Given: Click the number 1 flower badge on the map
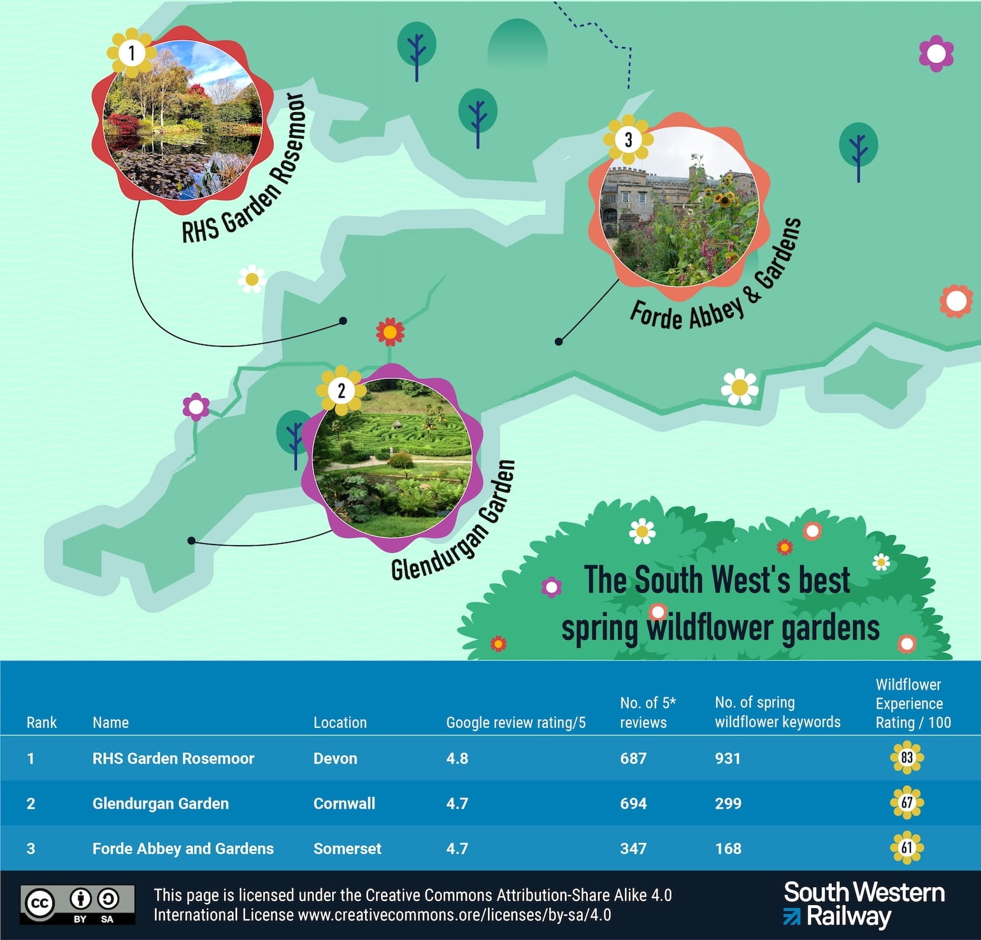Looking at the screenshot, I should point(132,53).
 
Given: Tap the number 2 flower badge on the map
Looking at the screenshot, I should point(341,390).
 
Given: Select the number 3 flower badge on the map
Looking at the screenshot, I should point(628,139).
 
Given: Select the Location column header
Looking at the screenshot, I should point(340,722).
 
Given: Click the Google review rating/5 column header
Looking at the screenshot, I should point(515,722).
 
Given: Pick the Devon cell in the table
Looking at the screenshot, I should point(335,758).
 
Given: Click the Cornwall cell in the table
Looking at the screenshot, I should point(344,803).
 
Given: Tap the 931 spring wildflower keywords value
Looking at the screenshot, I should point(727,758).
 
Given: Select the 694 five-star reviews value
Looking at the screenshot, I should point(633,803).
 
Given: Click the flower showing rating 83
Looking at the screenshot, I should point(906,758).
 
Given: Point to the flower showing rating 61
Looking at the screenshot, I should point(906,848).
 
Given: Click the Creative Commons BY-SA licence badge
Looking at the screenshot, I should point(77,904).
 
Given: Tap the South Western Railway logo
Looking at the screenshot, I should point(863,904).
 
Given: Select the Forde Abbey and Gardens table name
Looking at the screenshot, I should point(183,848).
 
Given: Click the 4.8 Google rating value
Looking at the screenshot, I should point(457,758).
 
